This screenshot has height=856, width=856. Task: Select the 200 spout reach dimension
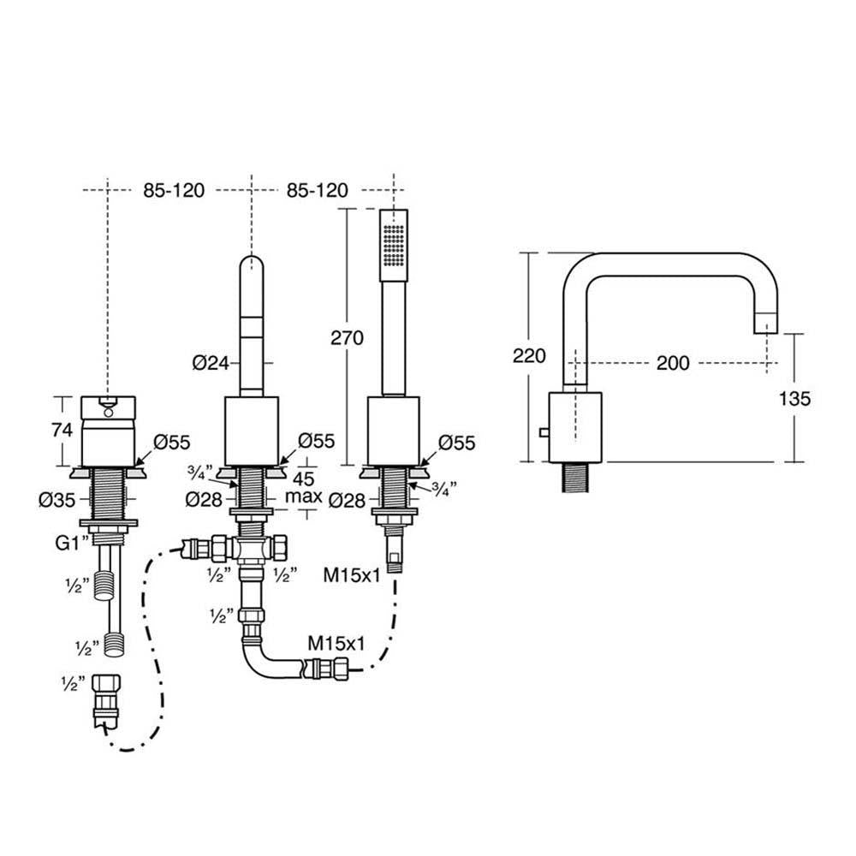[x=673, y=363]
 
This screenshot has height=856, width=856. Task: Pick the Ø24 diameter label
[x=211, y=363]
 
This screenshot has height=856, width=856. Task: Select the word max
[x=304, y=496]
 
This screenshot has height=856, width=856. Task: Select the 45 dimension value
[x=303, y=478]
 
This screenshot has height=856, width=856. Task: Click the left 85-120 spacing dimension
[x=174, y=189]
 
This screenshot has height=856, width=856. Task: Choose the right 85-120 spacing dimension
[x=318, y=189]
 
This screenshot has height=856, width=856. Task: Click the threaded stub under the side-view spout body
[x=574, y=477]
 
